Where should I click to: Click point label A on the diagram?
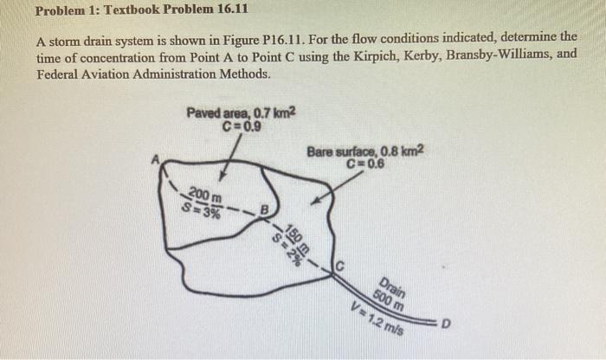point(157,158)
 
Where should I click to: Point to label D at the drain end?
point(446,325)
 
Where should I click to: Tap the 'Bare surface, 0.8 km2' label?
point(365,151)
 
